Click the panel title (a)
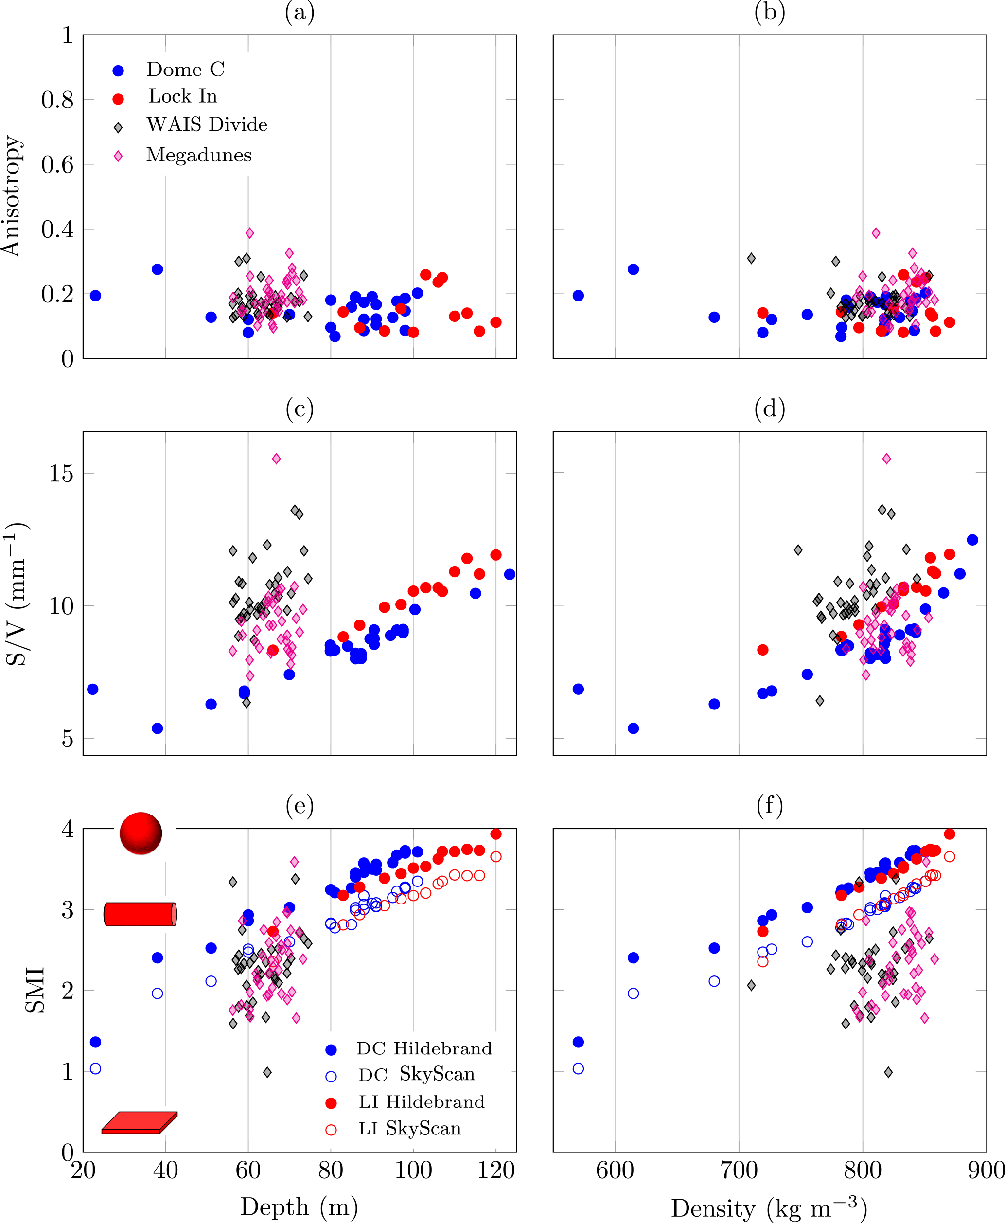coord(300,12)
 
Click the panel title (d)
coord(769,409)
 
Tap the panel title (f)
coord(769,805)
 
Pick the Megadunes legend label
coord(198,155)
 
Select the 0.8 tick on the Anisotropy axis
coord(57,100)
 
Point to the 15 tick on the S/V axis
coord(61,474)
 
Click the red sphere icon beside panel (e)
coord(141,833)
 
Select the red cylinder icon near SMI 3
coord(140,914)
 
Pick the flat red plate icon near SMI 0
coord(139,1122)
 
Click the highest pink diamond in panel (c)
coord(276,459)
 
